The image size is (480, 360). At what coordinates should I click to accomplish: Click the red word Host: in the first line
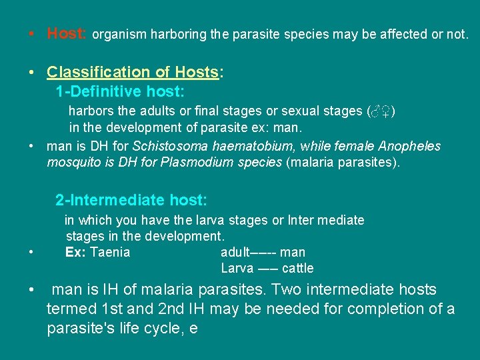66,33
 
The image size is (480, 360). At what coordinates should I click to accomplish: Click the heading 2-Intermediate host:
131,200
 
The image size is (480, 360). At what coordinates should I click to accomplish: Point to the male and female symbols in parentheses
382,111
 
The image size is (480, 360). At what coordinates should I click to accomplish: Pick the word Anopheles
412,146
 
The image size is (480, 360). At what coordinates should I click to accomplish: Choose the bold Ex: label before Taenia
76,252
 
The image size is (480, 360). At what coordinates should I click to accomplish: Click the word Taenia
110,252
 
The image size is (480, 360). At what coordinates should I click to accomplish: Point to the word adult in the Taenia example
234,252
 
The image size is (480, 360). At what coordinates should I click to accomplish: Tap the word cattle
297,269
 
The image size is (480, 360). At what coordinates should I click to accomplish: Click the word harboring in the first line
179,33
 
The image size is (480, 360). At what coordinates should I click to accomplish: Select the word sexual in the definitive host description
341,111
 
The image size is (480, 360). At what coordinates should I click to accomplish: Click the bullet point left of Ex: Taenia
31,253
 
